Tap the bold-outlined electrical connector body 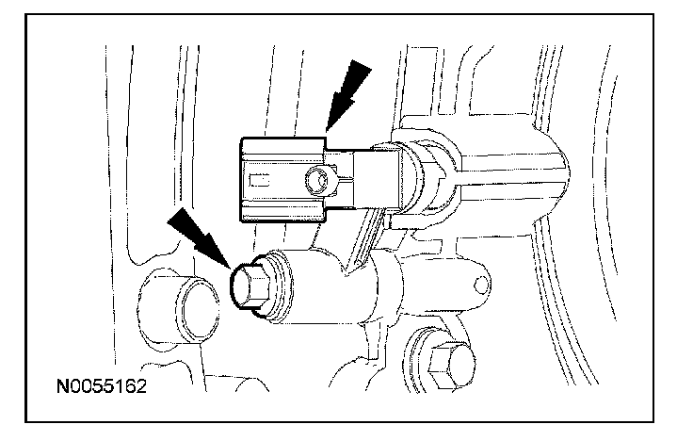[282, 179]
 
